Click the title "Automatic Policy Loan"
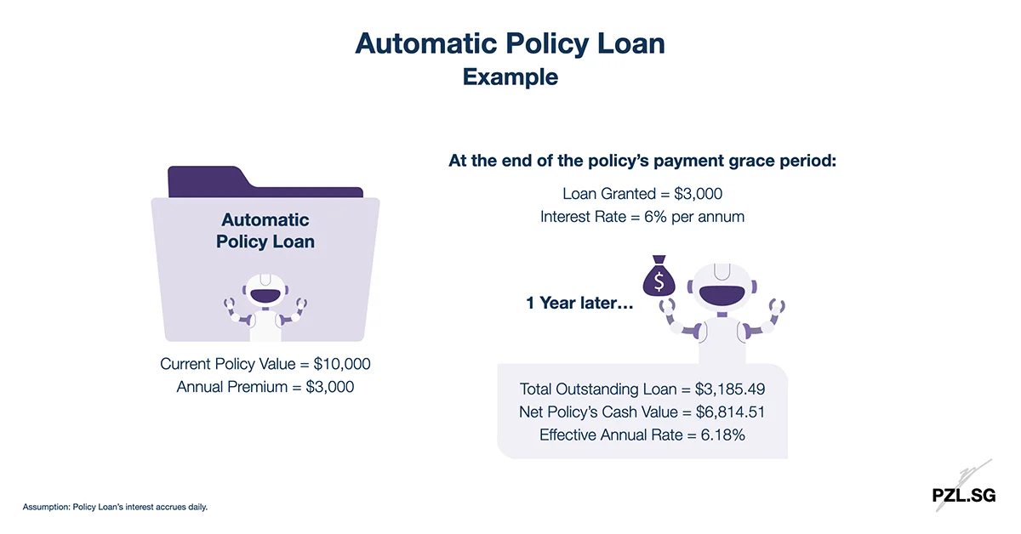pos(510,44)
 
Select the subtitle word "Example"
pos(510,77)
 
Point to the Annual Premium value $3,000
pos(329,387)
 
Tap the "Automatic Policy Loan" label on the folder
pos(265,231)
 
